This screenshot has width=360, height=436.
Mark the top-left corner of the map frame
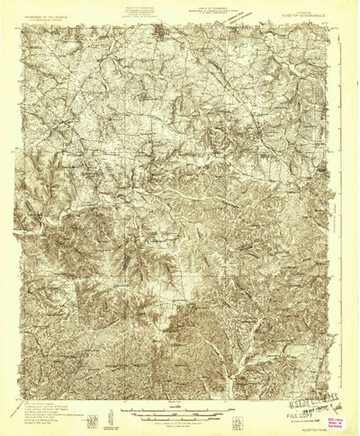(22, 24)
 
